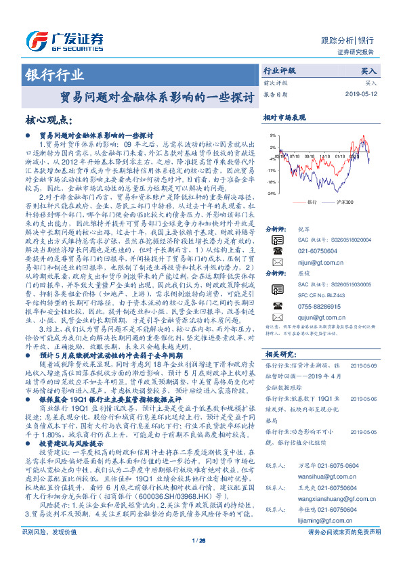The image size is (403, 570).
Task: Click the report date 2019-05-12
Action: point(359,94)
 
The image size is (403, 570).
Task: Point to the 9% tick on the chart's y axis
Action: point(272,135)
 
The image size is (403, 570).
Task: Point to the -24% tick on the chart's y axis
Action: point(271,194)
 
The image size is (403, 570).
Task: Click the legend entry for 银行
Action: point(311,202)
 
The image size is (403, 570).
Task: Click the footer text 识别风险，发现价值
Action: point(50,552)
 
